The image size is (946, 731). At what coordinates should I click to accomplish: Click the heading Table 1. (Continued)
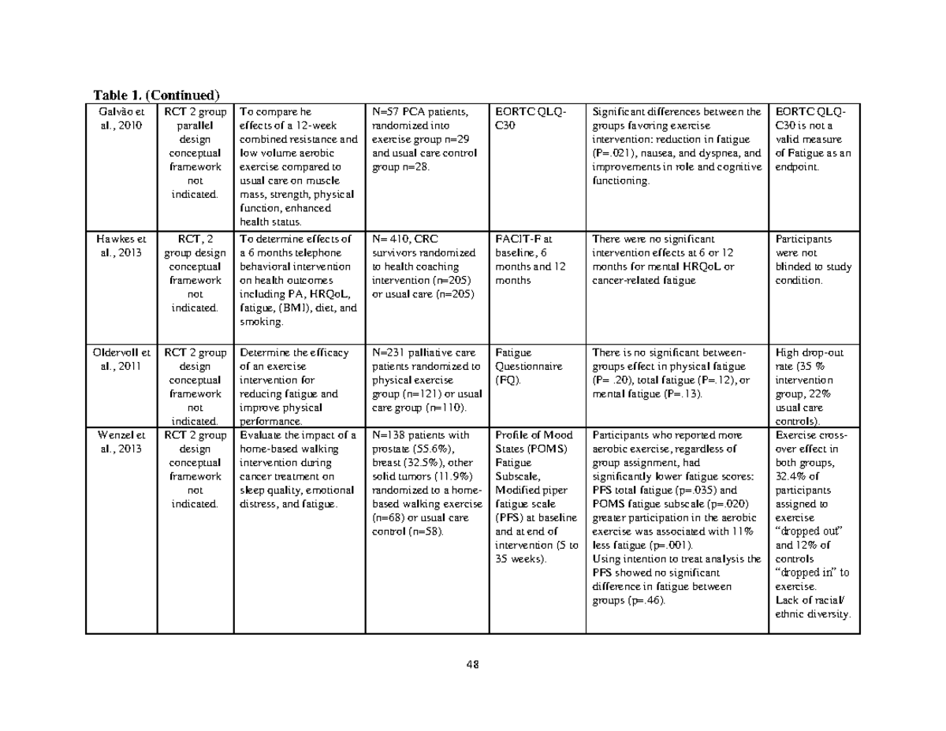pos(155,96)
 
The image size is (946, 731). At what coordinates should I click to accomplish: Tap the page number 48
pos(472,663)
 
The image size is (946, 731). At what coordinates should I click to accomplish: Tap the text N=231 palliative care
pos(425,353)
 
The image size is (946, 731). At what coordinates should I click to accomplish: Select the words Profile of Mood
pos(534,435)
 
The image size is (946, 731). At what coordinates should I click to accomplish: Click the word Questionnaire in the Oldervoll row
pos(528,367)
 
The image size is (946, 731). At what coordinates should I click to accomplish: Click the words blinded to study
pos(814,267)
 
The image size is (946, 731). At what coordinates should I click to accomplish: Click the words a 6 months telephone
pos(289,252)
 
